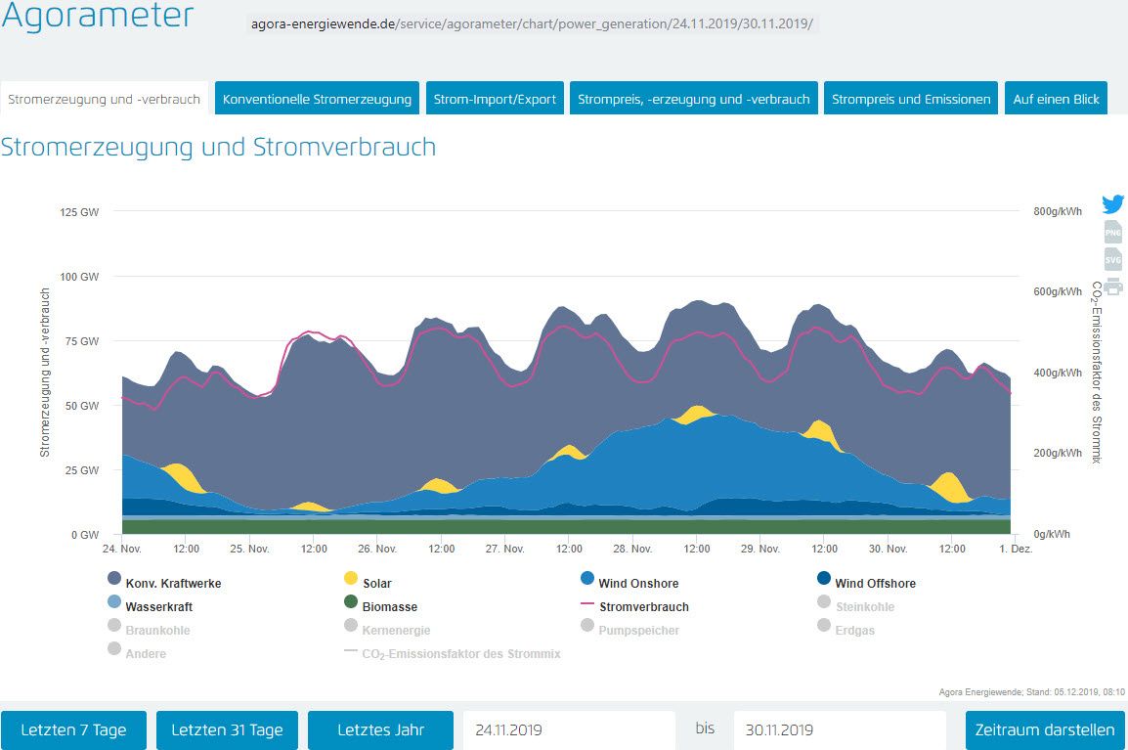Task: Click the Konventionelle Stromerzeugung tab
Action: click(317, 99)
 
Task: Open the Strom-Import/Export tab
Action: click(495, 99)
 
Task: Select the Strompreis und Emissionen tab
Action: click(911, 99)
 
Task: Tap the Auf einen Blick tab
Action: click(1056, 99)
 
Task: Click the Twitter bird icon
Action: click(1112, 204)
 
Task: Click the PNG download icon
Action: click(1112, 233)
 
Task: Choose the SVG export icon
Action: click(1112, 260)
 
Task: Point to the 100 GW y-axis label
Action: click(80, 276)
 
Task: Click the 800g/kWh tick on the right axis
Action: click(1058, 211)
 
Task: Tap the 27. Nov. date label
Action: click(505, 549)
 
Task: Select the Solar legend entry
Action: click(376, 584)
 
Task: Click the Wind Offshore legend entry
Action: click(875, 584)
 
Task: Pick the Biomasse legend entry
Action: click(389, 607)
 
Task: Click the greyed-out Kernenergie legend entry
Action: click(396, 631)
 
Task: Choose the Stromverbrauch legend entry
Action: click(643, 607)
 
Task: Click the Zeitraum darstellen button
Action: click(1045, 730)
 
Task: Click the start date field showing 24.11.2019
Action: click(569, 730)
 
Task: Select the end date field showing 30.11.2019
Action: click(839, 730)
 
